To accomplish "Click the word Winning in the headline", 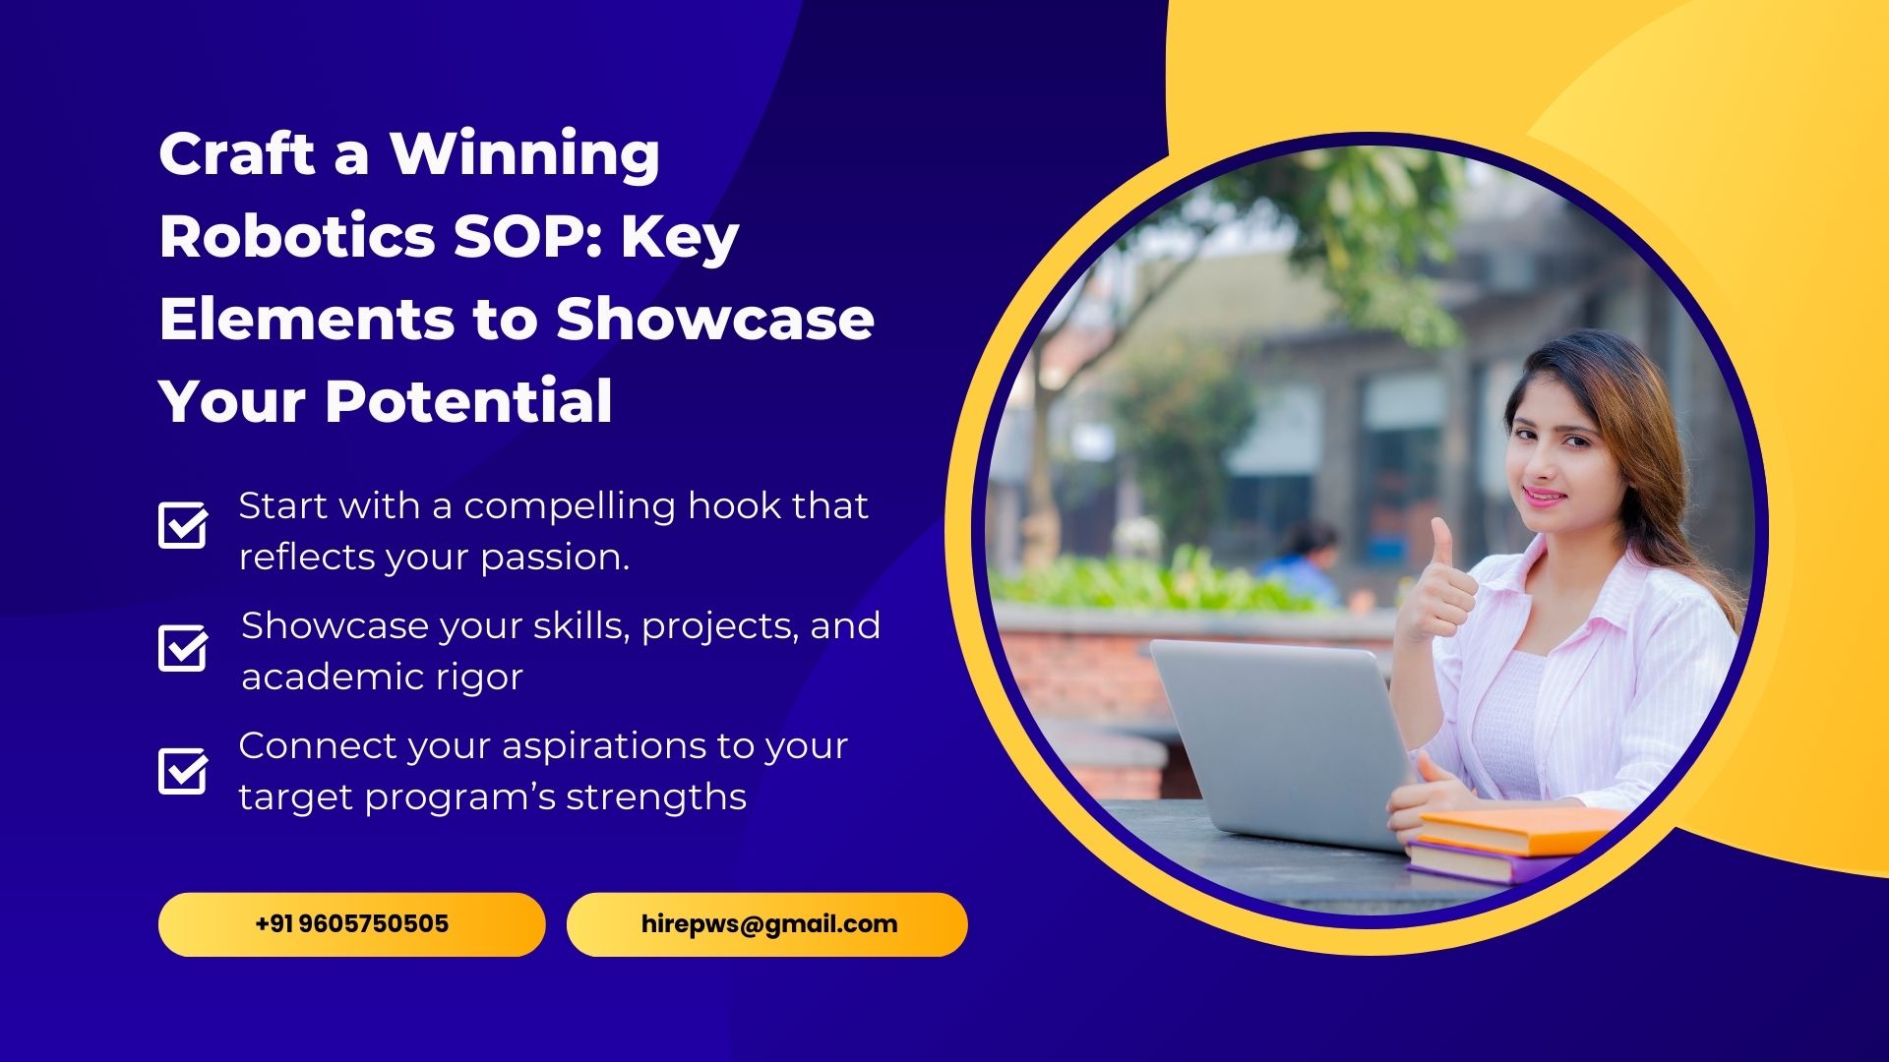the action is (x=524, y=154).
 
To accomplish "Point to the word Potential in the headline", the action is (x=469, y=401).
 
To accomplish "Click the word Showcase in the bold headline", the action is (x=715, y=319).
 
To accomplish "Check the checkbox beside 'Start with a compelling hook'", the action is (x=183, y=525).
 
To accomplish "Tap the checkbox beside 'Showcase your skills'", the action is (x=183, y=648).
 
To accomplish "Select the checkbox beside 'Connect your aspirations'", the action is (x=183, y=771).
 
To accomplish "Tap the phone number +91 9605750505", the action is (x=351, y=924).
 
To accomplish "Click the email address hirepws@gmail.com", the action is (x=769, y=924).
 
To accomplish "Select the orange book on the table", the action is (x=1520, y=831).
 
